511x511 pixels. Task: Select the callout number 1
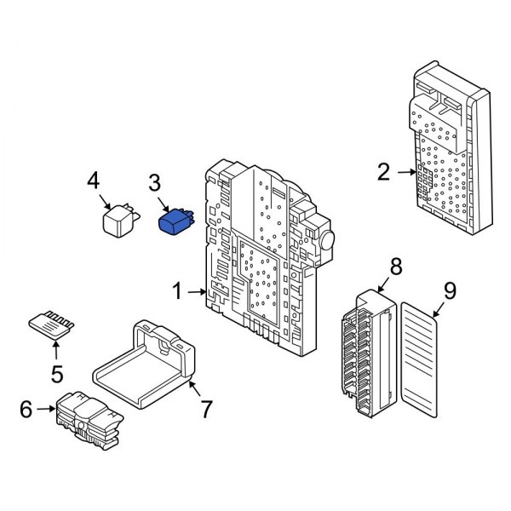point(176,292)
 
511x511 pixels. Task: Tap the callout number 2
point(383,173)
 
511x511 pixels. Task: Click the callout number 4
point(94,180)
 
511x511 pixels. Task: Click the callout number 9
point(450,290)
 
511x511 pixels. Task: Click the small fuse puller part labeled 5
point(50,324)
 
